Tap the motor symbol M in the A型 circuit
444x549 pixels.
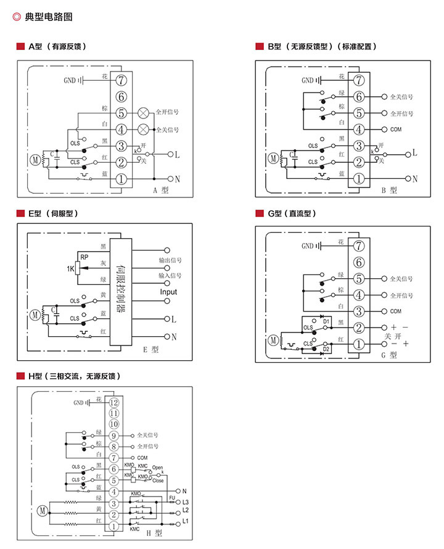(x=35, y=160)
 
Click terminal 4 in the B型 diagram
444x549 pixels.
(x=358, y=130)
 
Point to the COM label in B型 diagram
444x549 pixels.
(x=396, y=130)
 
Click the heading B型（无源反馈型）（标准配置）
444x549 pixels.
(x=321, y=46)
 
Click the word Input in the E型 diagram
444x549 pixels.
(x=168, y=292)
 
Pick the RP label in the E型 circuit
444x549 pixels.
(x=83, y=256)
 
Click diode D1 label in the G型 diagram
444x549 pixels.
(x=326, y=321)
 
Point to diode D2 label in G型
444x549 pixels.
(x=326, y=349)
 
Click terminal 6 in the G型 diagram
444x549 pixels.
(x=358, y=262)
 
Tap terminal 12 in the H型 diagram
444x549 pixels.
(x=113, y=402)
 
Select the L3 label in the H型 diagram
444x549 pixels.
(x=185, y=503)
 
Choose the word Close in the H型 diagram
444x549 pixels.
(x=158, y=480)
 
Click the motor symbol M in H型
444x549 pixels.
(x=42, y=510)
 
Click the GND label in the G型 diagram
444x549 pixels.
(x=307, y=246)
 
